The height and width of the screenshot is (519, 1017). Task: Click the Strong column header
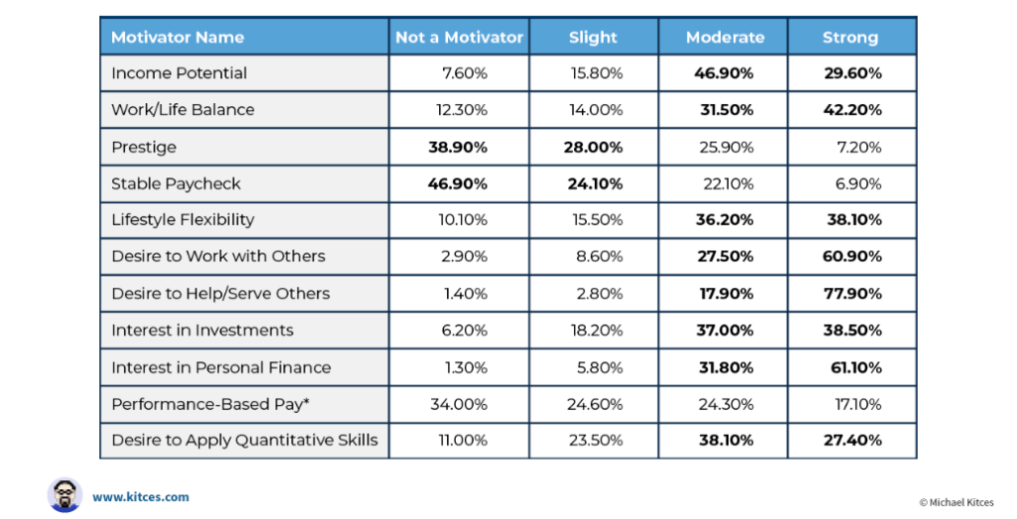pos(850,38)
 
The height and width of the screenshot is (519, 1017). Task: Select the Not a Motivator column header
pos(459,38)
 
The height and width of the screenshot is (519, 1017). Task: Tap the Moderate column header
pos(725,38)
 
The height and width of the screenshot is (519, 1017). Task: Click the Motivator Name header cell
pos(178,38)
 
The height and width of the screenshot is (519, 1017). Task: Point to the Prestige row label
pos(144,147)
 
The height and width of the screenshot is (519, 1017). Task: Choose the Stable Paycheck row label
pos(176,184)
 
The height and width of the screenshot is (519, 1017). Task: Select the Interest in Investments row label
pos(202,330)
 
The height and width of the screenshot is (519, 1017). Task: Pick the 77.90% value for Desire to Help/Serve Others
pos(853,294)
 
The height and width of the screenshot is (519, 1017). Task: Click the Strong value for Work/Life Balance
pos(853,110)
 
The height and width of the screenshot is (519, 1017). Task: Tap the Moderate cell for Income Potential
pos(725,73)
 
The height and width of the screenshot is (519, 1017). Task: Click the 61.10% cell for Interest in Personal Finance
pos(853,367)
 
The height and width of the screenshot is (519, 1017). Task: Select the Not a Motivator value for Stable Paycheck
pos(459,184)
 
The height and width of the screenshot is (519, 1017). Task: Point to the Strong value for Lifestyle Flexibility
pos(853,220)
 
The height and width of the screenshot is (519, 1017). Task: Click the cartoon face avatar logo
pos(64,495)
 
